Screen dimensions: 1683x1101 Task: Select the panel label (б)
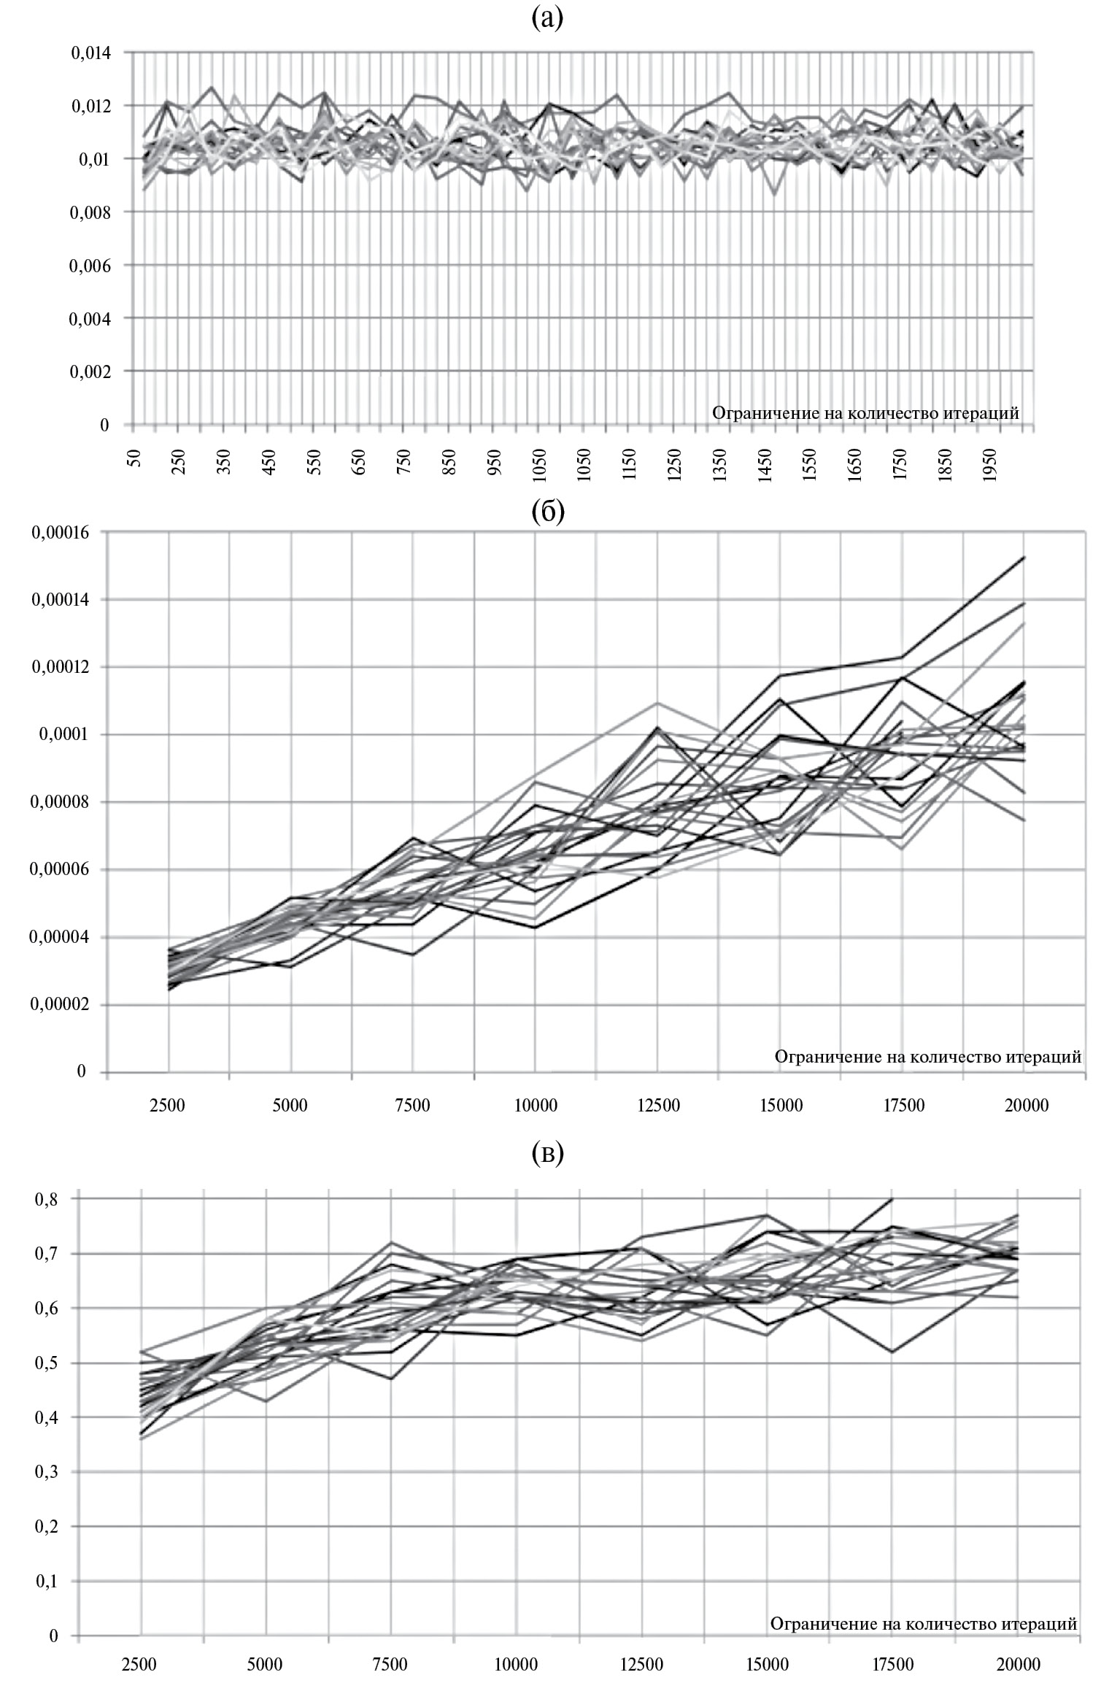[548, 513]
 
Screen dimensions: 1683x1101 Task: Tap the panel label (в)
[548, 1153]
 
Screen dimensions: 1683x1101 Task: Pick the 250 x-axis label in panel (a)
[179, 463]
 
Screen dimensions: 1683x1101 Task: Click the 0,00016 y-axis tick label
[60, 532]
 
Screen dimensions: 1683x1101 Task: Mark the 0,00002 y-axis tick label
[60, 1005]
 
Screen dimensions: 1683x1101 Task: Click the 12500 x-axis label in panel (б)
[658, 1106]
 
